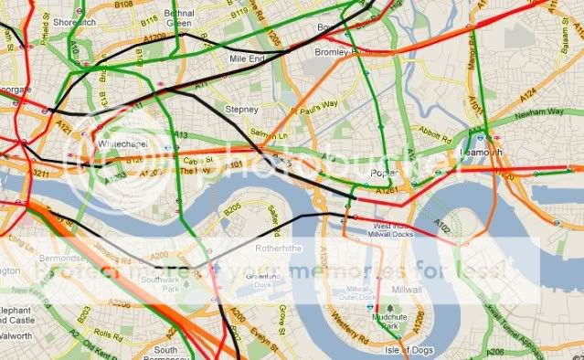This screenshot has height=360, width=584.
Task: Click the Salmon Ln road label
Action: pos(280,133)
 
